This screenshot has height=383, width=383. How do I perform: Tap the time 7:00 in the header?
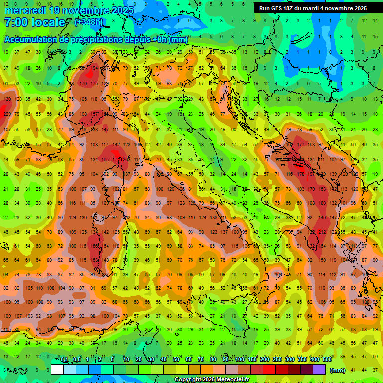point(18,22)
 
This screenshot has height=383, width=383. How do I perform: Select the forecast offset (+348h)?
point(88,22)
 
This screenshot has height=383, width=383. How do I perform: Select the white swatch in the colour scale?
point(57,370)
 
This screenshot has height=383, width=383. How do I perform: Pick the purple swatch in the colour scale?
point(319,370)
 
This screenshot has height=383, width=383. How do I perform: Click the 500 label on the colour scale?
point(327,360)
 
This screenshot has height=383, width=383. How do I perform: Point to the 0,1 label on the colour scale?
point(64,360)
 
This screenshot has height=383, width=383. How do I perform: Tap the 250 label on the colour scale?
point(277,360)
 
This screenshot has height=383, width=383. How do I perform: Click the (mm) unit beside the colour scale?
point(337,370)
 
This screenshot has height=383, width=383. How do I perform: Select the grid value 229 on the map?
point(7,114)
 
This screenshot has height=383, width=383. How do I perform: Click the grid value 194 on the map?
point(94,68)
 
